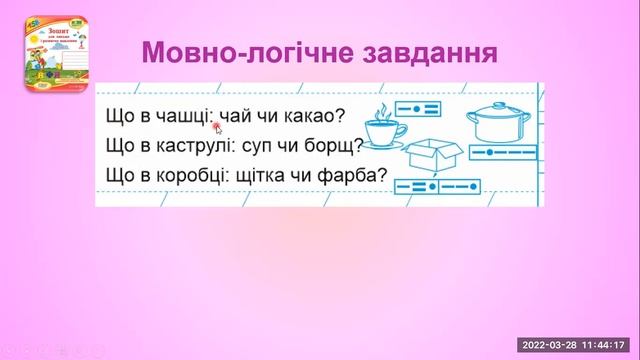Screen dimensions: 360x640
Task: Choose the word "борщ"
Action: pos(325,147)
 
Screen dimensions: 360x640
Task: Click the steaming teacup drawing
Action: pos(383,129)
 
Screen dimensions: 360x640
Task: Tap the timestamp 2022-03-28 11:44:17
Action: pos(578,345)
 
